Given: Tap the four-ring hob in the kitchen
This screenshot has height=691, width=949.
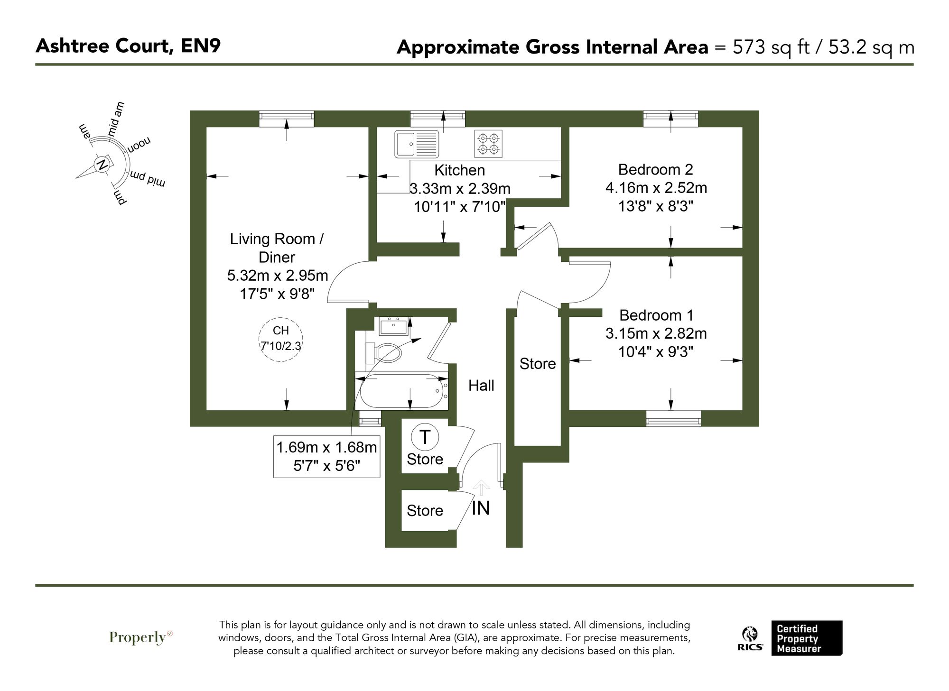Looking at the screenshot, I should click(x=488, y=144).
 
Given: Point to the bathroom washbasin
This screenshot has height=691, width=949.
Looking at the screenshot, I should click(x=393, y=326).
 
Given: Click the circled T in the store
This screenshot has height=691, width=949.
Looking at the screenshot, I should click(x=425, y=437).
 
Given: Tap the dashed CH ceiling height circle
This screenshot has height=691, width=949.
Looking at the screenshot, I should click(x=280, y=340).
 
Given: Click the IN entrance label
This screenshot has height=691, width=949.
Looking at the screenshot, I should click(x=481, y=508).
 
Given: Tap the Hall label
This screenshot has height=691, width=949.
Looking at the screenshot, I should click(x=481, y=386).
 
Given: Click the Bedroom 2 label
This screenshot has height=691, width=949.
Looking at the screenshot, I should click(x=655, y=169).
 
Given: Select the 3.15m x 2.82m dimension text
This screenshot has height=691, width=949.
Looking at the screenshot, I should click(x=656, y=333).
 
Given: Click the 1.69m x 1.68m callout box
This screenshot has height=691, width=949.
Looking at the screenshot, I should click(x=326, y=456).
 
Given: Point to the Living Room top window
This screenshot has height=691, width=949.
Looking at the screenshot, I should click(x=286, y=119).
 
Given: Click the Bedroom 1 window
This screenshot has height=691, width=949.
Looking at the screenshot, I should click(x=673, y=418).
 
